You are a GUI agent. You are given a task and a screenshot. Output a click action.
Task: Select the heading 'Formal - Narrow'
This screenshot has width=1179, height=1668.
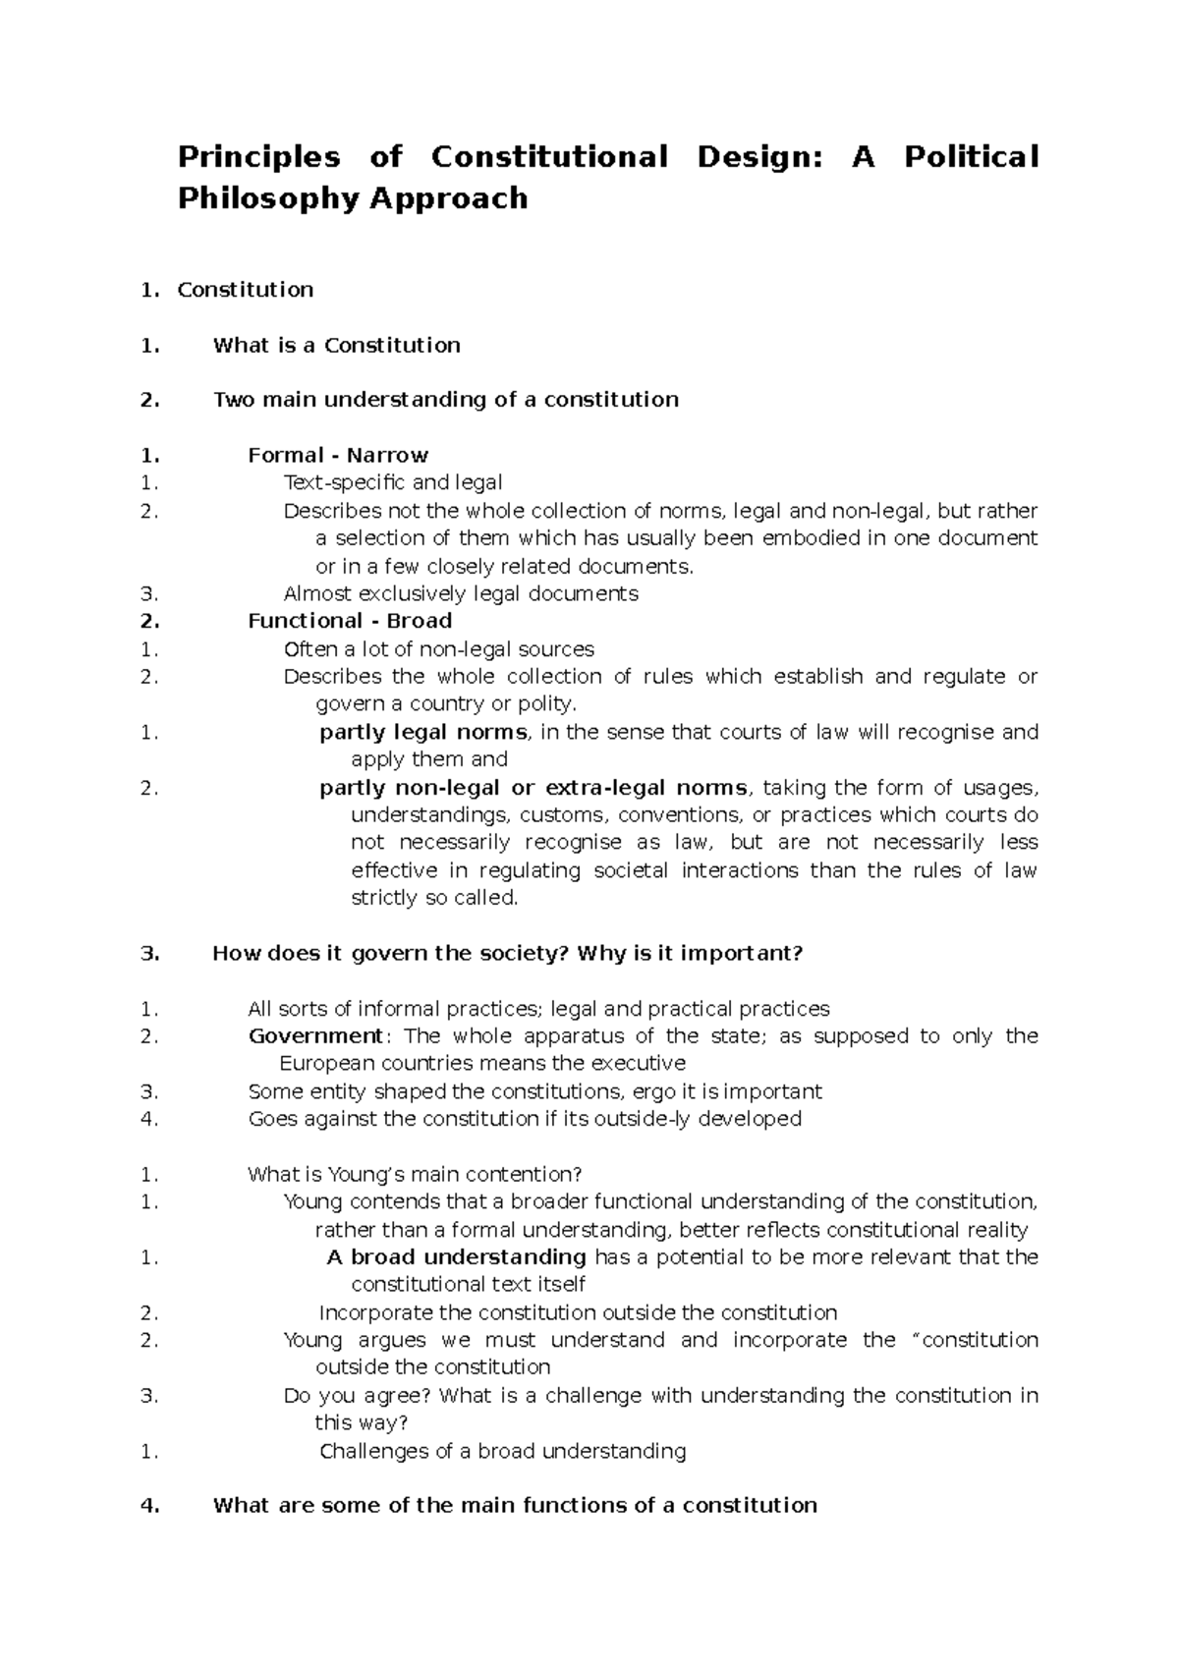(338, 455)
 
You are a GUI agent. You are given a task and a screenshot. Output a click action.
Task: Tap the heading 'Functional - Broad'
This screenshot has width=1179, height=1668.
(350, 621)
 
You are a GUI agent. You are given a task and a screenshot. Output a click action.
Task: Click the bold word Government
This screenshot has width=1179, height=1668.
(314, 1036)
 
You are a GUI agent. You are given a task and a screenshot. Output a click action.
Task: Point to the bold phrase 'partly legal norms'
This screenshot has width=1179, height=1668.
(423, 732)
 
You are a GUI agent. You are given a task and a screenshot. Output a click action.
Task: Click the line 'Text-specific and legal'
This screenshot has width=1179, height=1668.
(393, 482)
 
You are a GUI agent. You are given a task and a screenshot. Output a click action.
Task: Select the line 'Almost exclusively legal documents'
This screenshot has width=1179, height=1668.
(461, 593)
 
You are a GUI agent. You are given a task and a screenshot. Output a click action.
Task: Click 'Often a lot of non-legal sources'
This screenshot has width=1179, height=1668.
(438, 649)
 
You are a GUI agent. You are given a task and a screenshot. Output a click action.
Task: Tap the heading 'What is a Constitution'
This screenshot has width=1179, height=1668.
(336, 345)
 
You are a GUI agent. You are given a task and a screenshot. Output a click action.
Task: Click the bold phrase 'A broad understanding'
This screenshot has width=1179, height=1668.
(456, 1257)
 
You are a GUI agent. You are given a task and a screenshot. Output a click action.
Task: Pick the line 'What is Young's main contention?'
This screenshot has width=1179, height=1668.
(415, 1175)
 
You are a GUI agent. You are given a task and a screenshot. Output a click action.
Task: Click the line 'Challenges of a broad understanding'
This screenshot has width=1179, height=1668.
(502, 1451)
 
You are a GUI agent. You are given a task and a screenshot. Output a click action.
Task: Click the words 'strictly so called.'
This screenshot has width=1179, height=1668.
(433, 898)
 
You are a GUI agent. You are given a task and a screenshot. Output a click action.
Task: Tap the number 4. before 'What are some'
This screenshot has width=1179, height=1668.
(149, 1506)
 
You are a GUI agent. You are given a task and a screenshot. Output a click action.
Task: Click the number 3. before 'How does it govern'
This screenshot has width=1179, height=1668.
(149, 953)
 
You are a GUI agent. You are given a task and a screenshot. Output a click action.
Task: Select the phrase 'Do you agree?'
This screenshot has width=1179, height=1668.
(358, 1396)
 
